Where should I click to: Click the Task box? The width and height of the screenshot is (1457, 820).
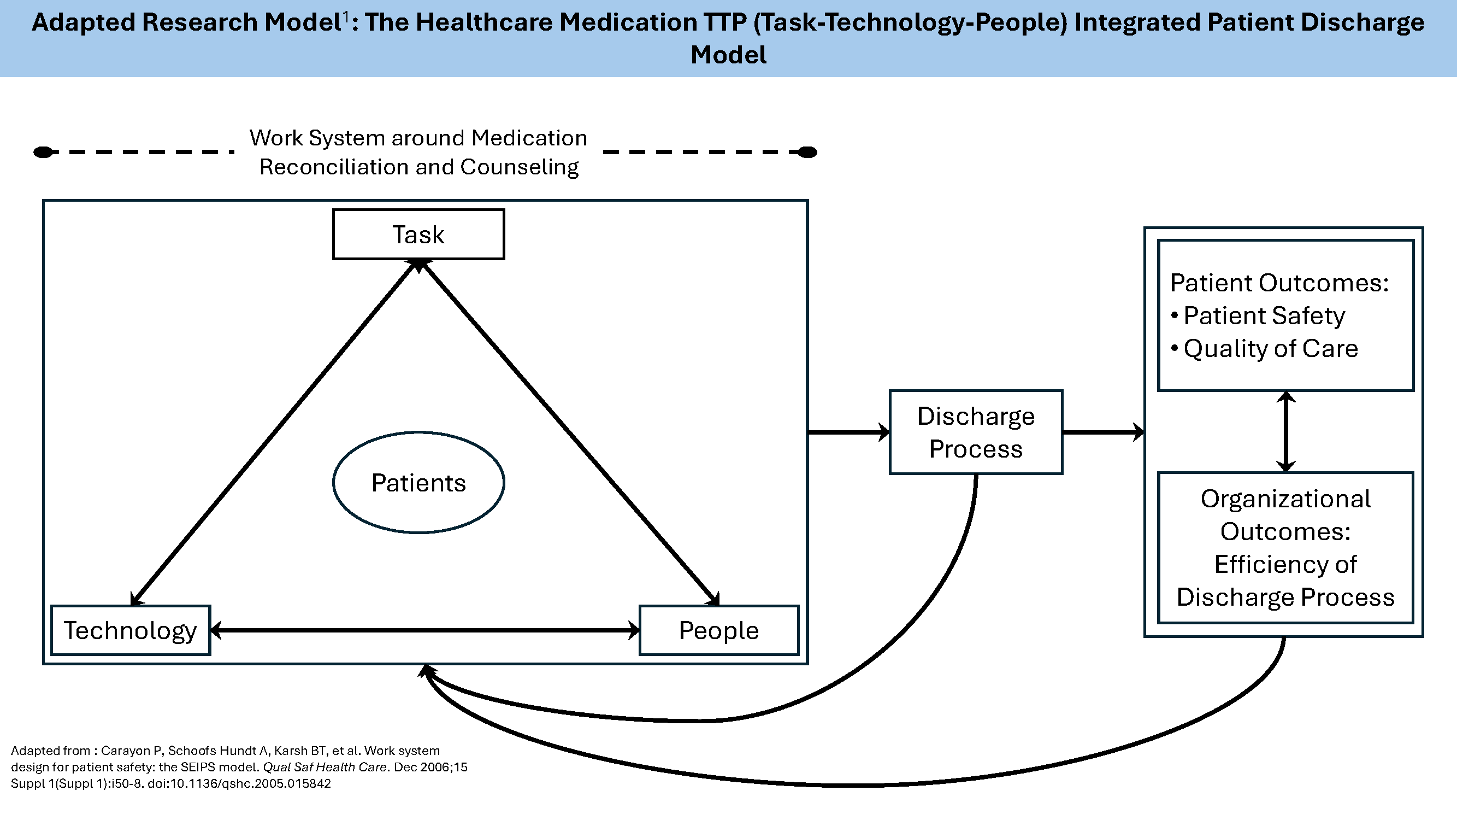click(x=418, y=235)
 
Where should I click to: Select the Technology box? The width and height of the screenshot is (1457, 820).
click(x=131, y=630)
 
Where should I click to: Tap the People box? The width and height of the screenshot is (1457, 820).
click(x=718, y=630)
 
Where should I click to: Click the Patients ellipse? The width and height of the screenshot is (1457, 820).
click(x=418, y=483)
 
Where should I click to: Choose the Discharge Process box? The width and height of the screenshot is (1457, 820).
click(x=976, y=432)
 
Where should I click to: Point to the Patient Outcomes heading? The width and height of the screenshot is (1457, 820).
click(x=1279, y=283)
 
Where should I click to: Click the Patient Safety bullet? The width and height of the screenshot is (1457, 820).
click(x=1264, y=315)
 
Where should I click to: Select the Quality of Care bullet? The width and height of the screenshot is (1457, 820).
click(x=1270, y=348)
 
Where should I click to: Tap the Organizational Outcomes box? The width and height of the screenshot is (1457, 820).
click(x=1285, y=547)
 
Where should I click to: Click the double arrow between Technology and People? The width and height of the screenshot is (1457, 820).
click(x=424, y=630)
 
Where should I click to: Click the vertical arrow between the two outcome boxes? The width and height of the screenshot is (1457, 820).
click(x=1285, y=431)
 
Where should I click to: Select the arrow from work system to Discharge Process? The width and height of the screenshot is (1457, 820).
click(x=848, y=432)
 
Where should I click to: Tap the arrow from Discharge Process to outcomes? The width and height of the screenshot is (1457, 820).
click(x=1103, y=432)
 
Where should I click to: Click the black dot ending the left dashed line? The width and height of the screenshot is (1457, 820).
click(x=44, y=152)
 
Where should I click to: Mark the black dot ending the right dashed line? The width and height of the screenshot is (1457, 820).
click(x=807, y=152)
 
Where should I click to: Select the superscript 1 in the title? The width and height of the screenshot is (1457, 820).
click(x=345, y=19)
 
